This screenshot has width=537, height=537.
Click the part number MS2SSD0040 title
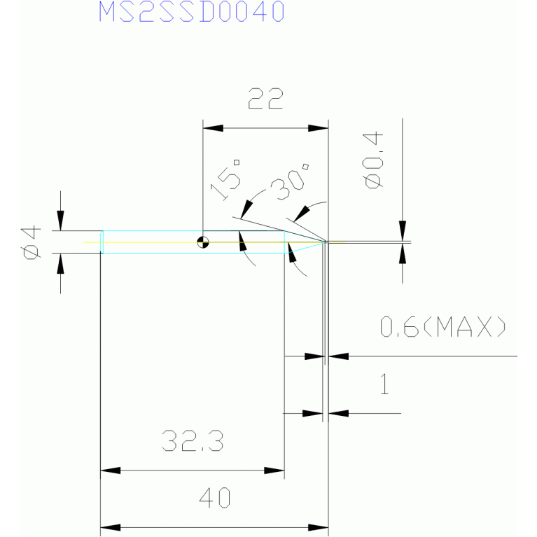click(191, 11)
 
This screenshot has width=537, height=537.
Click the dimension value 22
click(265, 99)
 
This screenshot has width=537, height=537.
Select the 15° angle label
click(225, 180)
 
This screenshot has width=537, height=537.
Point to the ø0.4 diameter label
click(373, 160)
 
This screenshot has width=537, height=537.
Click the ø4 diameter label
click(31, 242)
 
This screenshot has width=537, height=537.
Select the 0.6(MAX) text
click(442, 326)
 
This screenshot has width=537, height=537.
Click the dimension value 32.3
click(193, 441)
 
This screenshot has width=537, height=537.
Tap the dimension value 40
click(215, 498)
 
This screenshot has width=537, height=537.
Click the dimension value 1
click(384, 384)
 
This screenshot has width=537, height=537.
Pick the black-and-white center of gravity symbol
click(203, 242)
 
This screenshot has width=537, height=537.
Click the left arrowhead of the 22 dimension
click(213, 128)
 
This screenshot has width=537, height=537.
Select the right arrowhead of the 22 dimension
click(318, 128)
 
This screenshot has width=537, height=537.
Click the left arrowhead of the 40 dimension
click(111, 527)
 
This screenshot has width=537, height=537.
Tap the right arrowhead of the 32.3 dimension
click(274, 470)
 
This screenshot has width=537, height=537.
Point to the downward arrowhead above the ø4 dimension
click(61, 221)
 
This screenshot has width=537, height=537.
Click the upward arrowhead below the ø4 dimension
click(61, 264)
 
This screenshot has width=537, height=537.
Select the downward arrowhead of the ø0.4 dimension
click(403, 231)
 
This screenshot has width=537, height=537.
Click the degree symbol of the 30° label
click(305, 167)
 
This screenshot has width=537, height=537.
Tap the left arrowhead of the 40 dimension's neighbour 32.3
click(111, 470)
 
